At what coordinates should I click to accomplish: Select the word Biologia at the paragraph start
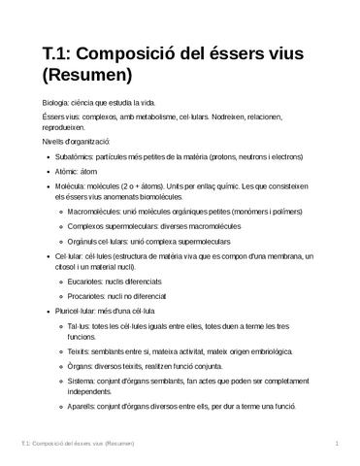[45, 101]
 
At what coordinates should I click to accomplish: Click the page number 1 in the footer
[335, 444]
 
